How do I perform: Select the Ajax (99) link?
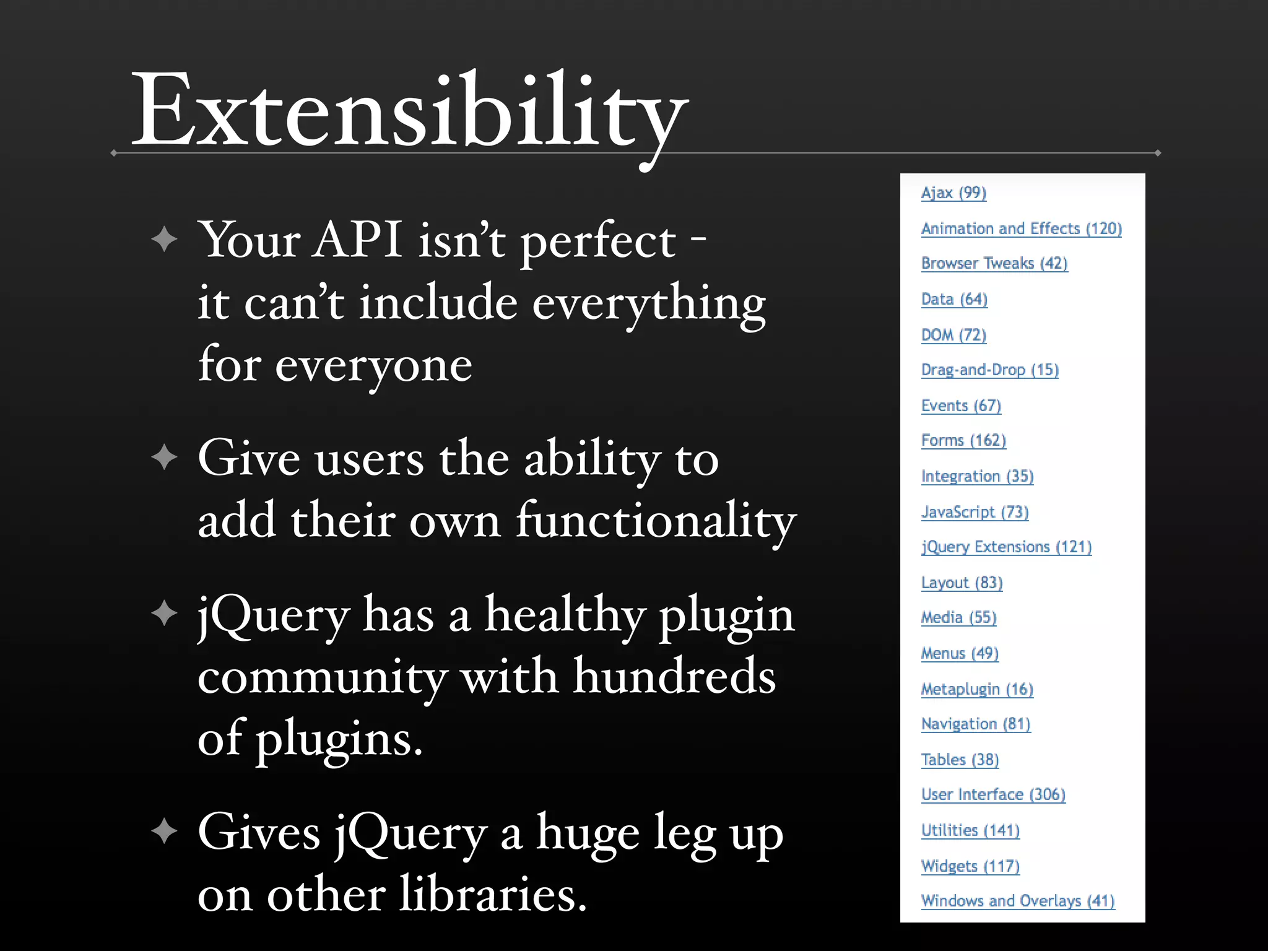[x=953, y=193]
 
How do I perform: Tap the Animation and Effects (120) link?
[x=1021, y=228]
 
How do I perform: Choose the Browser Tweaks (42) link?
[x=994, y=264]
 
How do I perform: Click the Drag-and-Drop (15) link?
[x=989, y=370]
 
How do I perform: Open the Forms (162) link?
[x=963, y=441]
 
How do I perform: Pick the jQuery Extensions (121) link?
[x=1006, y=547]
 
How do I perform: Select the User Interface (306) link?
[x=993, y=795]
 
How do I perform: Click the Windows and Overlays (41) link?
[x=1018, y=901]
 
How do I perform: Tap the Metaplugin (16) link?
[x=977, y=690]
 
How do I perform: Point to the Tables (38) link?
[x=960, y=760]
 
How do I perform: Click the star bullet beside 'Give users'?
[x=164, y=458]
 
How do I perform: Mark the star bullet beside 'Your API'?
[x=164, y=239]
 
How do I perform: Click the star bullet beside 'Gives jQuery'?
[x=164, y=831]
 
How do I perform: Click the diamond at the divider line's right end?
[x=1157, y=153]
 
